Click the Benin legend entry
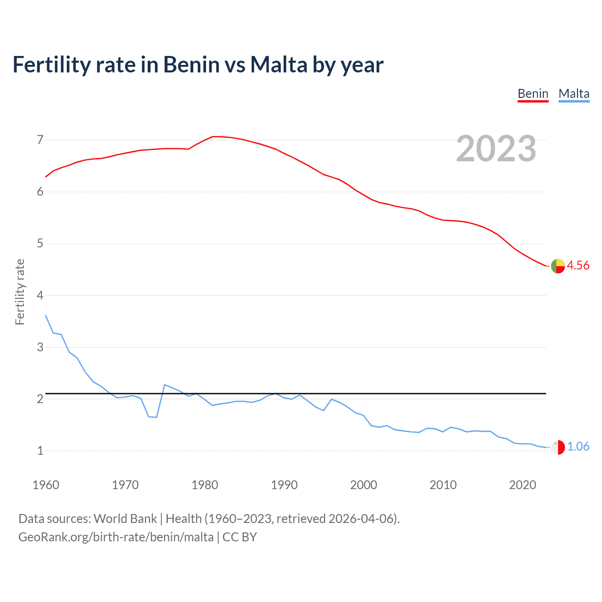pyautogui.click(x=533, y=94)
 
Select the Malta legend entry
pyautogui.click(x=574, y=94)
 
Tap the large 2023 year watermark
pyautogui.click(x=496, y=149)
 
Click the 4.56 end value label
pyautogui.click(x=578, y=265)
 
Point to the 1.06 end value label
pyautogui.click(x=578, y=446)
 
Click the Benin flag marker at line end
pyautogui.click(x=558, y=266)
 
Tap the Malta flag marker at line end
pyautogui.click(x=558, y=447)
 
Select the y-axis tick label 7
pyautogui.click(x=40, y=140)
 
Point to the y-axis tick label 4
pyautogui.click(x=40, y=295)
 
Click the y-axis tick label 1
pyautogui.click(x=40, y=451)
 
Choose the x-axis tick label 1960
pyautogui.click(x=46, y=485)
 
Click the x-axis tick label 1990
pyautogui.click(x=284, y=485)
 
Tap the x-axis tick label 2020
pyautogui.click(x=523, y=485)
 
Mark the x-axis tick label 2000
pyautogui.click(x=364, y=485)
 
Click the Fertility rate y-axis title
pyautogui.click(x=20, y=292)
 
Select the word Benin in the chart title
pyautogui.click(x=191, y=64)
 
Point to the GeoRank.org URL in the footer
pyautogui.click(x=116, y=537)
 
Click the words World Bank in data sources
pyautogui.click(x=125, y=518)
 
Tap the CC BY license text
pyautogui.click(x=240, y=537)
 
